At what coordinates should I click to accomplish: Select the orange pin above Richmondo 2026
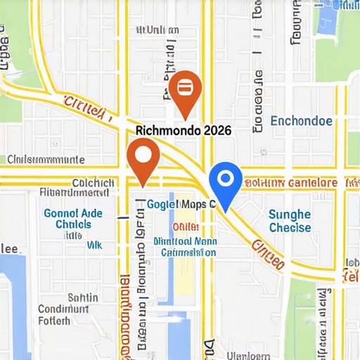(185, 91)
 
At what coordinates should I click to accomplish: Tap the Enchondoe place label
(301, 120)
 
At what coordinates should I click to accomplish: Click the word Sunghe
(290, 214)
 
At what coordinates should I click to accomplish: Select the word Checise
(290, 228)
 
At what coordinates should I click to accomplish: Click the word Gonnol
(61, 212)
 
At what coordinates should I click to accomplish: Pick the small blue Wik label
(93, 246)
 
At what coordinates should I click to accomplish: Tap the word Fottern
(54, 321)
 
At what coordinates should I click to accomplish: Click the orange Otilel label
(185, 227)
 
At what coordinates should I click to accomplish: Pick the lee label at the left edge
(10, 248)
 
